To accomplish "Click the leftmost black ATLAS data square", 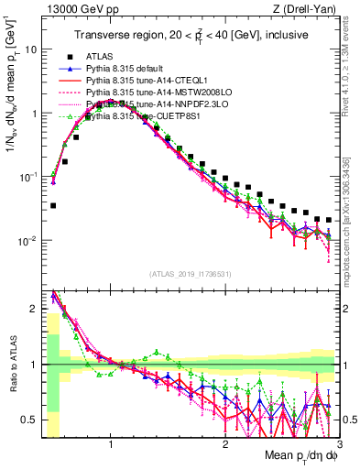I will pos(53,205).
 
